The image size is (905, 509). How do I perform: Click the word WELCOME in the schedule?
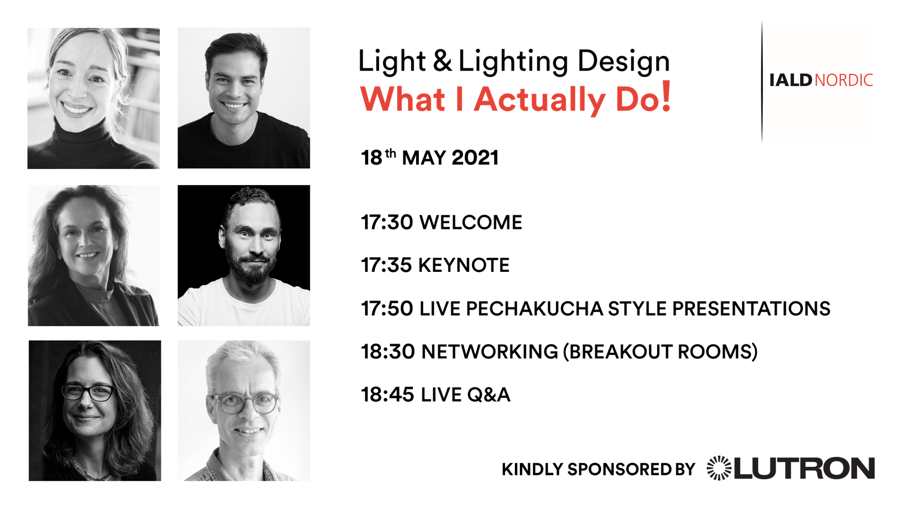click(471, 223)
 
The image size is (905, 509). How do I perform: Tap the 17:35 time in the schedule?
click(386, 265)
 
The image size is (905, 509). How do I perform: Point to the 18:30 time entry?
click(388, 352)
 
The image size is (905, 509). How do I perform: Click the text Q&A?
click(488, 395)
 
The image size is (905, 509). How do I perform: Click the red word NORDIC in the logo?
click(844, 80)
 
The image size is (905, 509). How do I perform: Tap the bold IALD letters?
click(791, 80)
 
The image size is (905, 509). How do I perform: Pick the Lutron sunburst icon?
click(719, 468)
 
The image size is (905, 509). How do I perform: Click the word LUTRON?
click(805, 468)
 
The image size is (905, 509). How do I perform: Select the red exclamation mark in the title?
click(666, 96)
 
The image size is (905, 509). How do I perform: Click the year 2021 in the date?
click(475, 158)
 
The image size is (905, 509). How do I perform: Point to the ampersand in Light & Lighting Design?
click(442, 61)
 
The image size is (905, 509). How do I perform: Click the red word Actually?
click(540, 100)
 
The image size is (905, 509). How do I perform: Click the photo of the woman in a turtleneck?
click(93, 98)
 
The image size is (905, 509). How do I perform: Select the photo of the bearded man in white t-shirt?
click(244, 255)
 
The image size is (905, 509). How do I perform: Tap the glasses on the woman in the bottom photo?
click(88, 393)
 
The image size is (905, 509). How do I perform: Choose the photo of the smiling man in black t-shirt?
click(244, 98)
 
